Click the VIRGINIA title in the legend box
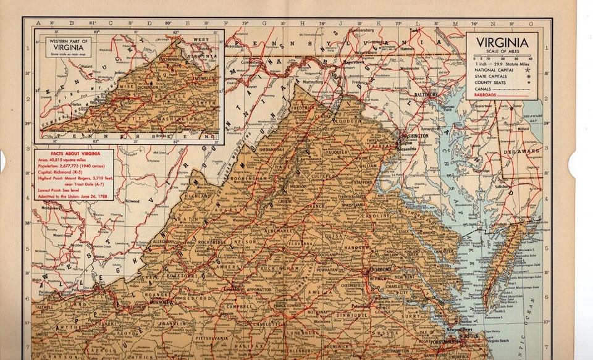pyautogui.click(x=502, y=43)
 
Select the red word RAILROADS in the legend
pyautogui.click(x=485, y=95)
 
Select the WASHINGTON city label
pyautogui.click(x=414, y=135)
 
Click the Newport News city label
pyautogui.click(x=460, y=330)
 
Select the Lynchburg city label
pyautogui.click(x=233, y=288)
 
